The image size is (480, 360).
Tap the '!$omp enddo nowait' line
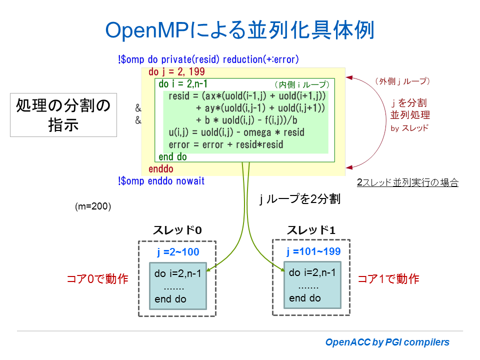click(161, 181)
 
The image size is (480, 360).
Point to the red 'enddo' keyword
click(160, 169)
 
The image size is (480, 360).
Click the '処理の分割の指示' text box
click(63, 114)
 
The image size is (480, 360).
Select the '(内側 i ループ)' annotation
click(302, 84)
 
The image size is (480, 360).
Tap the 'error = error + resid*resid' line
click(226, 144)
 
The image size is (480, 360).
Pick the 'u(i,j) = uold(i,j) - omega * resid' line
click(236, 132)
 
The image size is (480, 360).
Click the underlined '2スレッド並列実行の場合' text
click(407, 182)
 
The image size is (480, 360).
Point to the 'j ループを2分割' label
click(300, 199)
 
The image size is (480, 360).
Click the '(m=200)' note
click(92, 206)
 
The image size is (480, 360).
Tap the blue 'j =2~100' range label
click(177, 252)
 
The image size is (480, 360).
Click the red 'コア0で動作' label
click(97, 279)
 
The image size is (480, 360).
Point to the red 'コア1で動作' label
click(388, 279)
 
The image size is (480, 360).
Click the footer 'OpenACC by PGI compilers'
click(387, 342)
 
